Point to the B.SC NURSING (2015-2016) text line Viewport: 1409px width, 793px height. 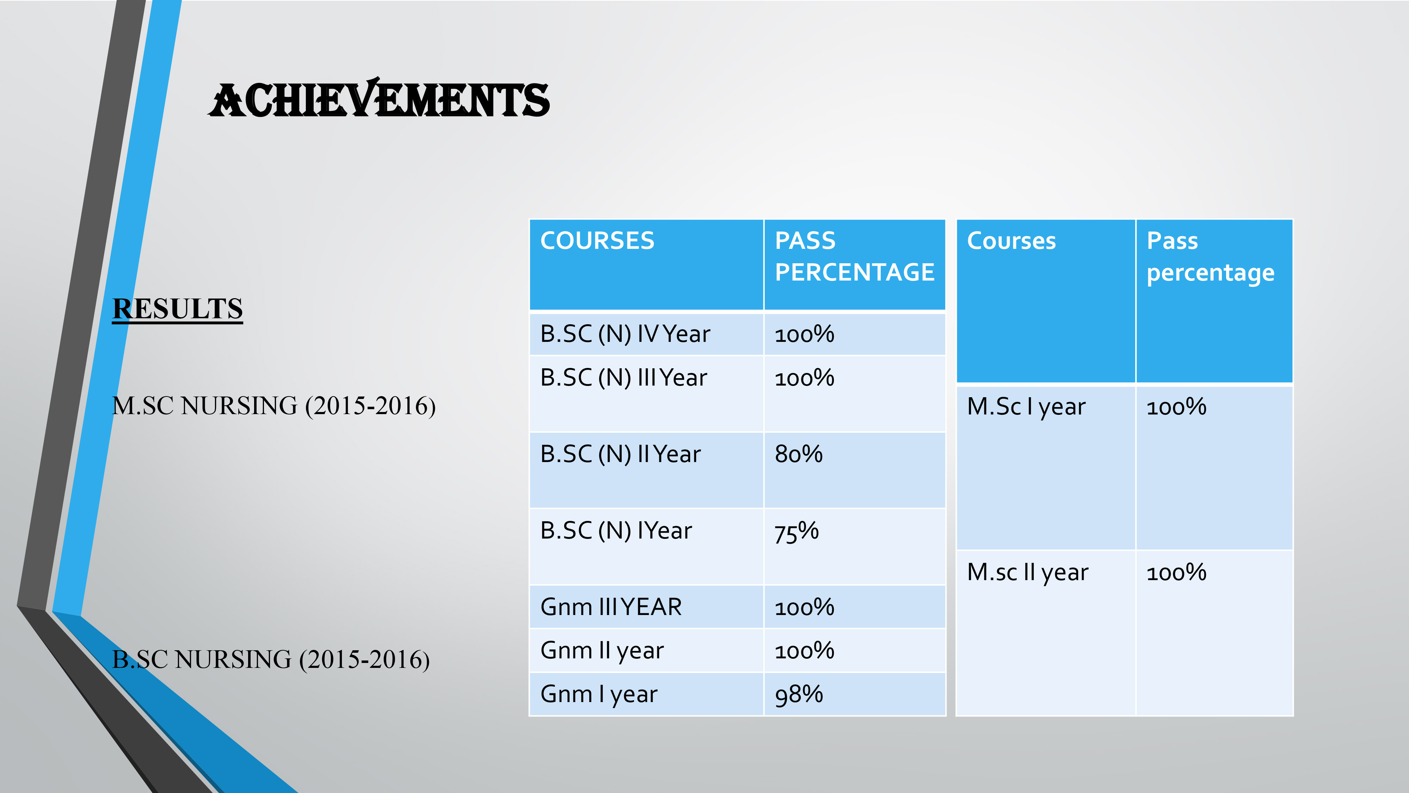[x=271, y=659]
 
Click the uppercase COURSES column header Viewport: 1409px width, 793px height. [x=597, y=241]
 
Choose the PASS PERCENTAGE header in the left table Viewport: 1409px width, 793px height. [x=854, y=257]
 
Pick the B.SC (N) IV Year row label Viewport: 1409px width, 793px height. [x=625, y=334]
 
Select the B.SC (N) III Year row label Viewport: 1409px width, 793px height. [x=623, y=378]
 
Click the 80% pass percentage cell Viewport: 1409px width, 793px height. [x=799, y=454]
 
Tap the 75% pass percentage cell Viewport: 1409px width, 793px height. [x=796, y=531]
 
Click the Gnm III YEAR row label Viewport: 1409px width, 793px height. [x=611, y=607]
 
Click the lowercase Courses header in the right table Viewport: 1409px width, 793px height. [x=1011, y=241]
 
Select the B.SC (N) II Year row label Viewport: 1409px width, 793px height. [x=620, y=454]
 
